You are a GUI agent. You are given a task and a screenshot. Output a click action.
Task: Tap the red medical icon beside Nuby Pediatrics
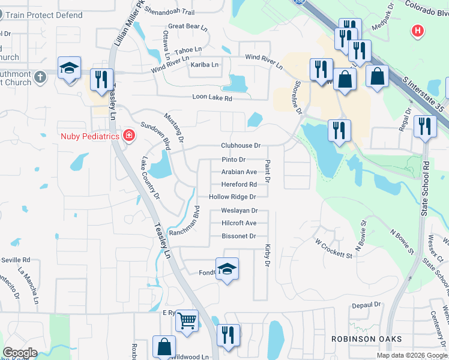(x=128, y=136)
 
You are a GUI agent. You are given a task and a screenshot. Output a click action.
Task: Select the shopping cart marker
(x=187, y=322)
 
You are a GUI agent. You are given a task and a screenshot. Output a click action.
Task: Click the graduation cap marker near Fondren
(x=227, y=269)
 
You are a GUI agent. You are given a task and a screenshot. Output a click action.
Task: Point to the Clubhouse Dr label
(x=241, y=146)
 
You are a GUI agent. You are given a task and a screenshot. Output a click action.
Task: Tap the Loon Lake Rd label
(x=212, y=97)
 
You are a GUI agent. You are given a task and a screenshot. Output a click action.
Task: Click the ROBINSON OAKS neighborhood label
(x=366, y=339)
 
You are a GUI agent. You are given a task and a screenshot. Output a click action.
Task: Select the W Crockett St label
(x=334, y=248)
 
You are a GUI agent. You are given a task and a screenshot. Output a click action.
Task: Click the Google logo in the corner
(x=20, y=353)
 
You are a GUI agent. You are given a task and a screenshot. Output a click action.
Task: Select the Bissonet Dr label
(x=239, y=236)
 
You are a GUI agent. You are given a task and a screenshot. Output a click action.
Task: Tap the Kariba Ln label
(x=205, y=65)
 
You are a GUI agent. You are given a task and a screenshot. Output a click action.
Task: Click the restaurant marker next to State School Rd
(x=425, y=126)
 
